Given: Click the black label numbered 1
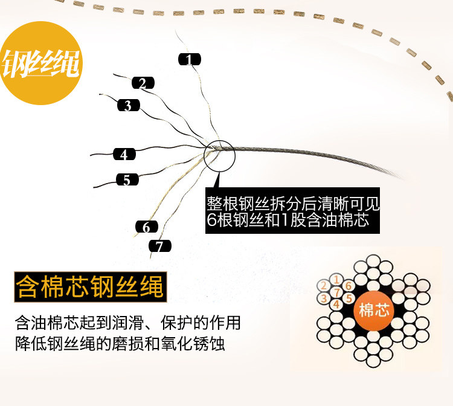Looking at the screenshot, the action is [189, 59].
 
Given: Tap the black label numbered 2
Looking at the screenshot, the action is [143, 83].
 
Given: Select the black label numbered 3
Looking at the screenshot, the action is [129, 105].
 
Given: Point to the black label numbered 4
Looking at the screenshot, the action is [124, 154].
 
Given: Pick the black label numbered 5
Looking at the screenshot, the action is [127, 179].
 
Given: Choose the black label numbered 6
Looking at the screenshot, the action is [147, 227].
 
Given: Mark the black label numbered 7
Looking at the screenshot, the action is [160, 246].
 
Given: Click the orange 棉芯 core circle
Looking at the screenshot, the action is [373, 311].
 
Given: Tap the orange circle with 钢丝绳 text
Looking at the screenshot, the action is [40, 63].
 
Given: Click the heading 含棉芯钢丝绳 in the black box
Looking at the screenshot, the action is [90, 287].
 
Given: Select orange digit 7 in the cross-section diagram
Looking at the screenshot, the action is [336, 292].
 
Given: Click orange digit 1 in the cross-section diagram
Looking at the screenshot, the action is [336, 280].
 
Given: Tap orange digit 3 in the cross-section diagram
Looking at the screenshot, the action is [324, 298].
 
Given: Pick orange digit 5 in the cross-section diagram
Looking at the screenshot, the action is [349, 298].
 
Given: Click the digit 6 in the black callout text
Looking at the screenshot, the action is [212, 221].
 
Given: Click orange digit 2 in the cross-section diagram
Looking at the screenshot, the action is [324, 286].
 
